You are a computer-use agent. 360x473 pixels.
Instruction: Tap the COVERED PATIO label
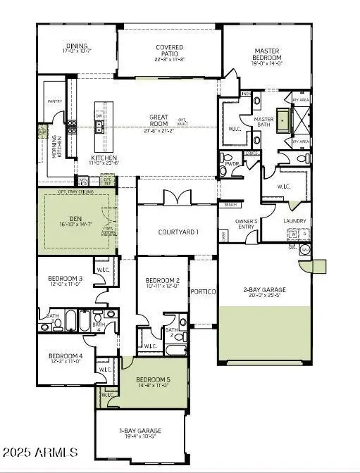coord(170,48)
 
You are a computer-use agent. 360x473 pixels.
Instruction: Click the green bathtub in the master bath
coord(284,121)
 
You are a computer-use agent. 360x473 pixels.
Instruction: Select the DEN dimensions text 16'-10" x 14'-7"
coord(75,225)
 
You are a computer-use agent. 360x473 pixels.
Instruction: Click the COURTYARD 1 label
coord(177,232)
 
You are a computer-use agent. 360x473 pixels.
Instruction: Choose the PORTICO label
coord(204,291)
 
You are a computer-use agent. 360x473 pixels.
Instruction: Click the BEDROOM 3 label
coord(66,279)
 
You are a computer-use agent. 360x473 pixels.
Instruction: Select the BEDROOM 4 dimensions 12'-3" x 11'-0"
coord(66,363)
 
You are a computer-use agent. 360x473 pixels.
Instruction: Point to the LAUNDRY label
coord(294,221)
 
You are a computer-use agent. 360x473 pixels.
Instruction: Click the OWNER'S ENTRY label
coord(247,224)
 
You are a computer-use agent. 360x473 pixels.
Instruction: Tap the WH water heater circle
coord(304,250)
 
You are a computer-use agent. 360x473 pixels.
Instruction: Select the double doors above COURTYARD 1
coord(173,198)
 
